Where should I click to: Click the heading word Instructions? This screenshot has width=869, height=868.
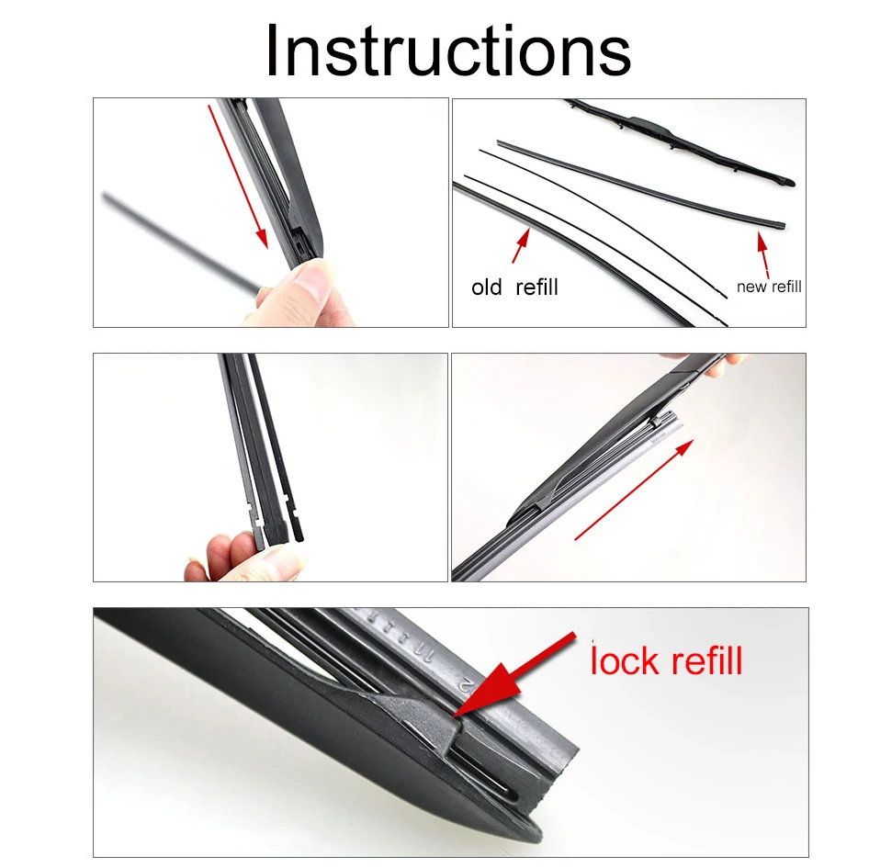[x=447, y=51]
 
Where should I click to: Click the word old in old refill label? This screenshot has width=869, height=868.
[x=486, y=287]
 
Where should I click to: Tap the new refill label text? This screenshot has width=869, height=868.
[x=769, y=287]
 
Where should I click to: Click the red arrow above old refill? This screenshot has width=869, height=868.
[x=521, y=245]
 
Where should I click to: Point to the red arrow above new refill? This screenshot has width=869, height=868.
[x=763, y=255]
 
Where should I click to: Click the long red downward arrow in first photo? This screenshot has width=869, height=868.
[x=238, y=176]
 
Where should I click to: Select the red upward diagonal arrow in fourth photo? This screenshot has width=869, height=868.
[x=634, y=490]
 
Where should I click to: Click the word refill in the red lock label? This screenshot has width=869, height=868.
[x=705, y=660]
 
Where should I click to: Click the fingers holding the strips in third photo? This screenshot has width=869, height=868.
[x=243, y=557]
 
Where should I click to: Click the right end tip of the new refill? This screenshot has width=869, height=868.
[x=782, y=225]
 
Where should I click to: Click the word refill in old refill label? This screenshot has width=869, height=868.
[x=536, y=287]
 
